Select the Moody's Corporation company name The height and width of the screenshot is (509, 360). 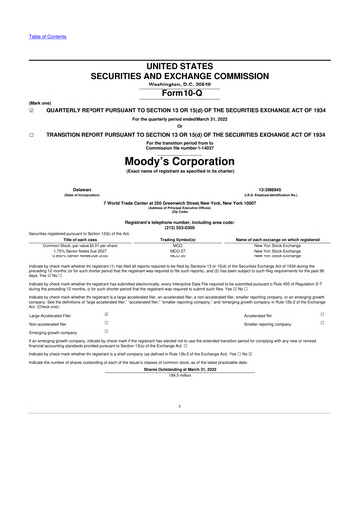pyautogui.click(x=179, y=159)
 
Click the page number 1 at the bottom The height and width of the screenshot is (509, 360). pyautogui.click(x=180, y=433)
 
